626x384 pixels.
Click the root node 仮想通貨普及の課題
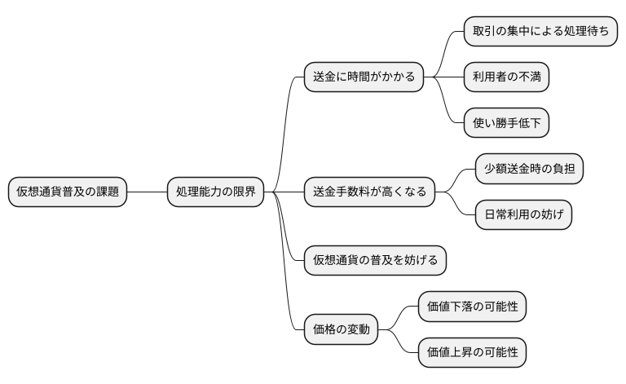point(68,192)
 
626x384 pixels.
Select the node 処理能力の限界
point(215,192)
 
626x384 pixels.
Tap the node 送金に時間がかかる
point(364,77)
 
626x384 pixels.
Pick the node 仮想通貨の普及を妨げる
point(375,260)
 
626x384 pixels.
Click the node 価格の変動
point(342,330)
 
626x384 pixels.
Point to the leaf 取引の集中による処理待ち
point(540,32)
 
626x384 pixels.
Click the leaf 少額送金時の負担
point(529,170)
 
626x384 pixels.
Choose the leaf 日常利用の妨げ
point(523,215)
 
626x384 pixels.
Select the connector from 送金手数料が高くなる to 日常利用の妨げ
point(459,207)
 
